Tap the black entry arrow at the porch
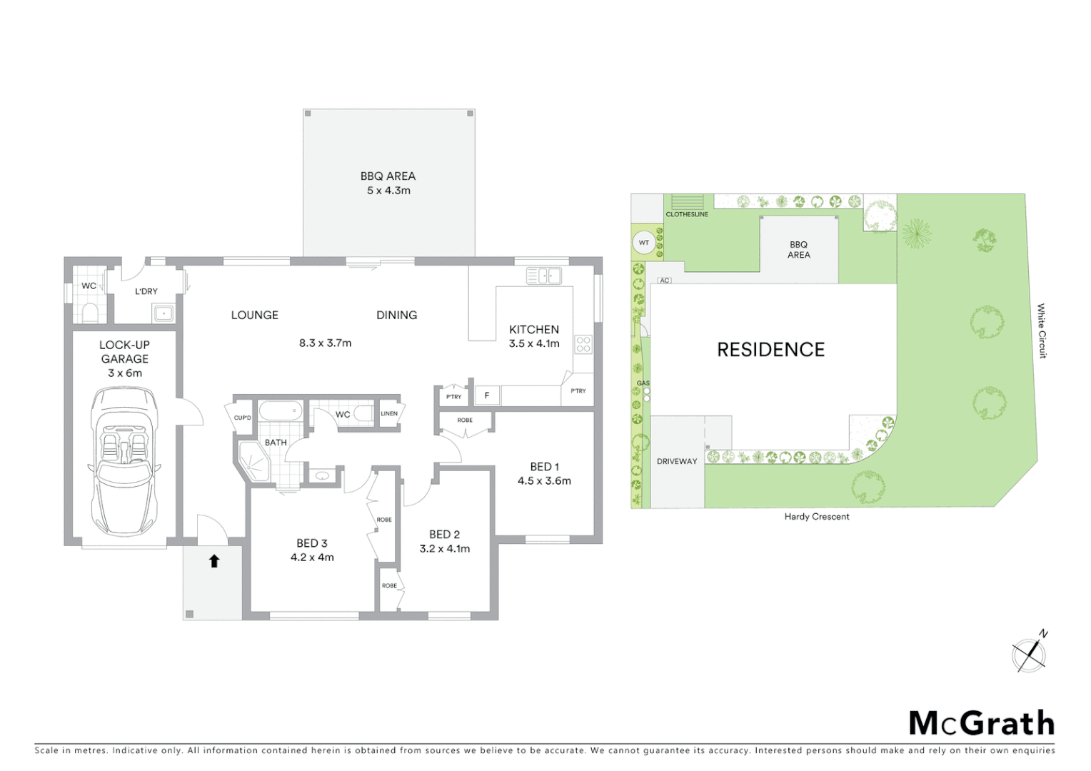pos(213,561)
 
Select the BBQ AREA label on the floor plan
pos(388,176)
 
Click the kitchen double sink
pos(543,276)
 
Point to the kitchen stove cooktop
pos(583,345)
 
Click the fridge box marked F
pos(487,395)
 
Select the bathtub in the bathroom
pos(281,411)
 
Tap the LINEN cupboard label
pos(389,414)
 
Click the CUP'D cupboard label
pos(242,418)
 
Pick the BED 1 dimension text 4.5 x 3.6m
pos(544,481)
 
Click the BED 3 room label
pos(312,543)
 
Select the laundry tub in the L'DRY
pos(164,313)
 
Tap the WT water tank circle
pos(644,243)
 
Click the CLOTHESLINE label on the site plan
pos(687,214)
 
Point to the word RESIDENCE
pos(770,350)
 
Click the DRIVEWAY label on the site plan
pos(676,462)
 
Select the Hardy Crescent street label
pos(816,517)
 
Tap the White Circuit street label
pos(1042,331)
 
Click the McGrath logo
pos(981,723)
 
